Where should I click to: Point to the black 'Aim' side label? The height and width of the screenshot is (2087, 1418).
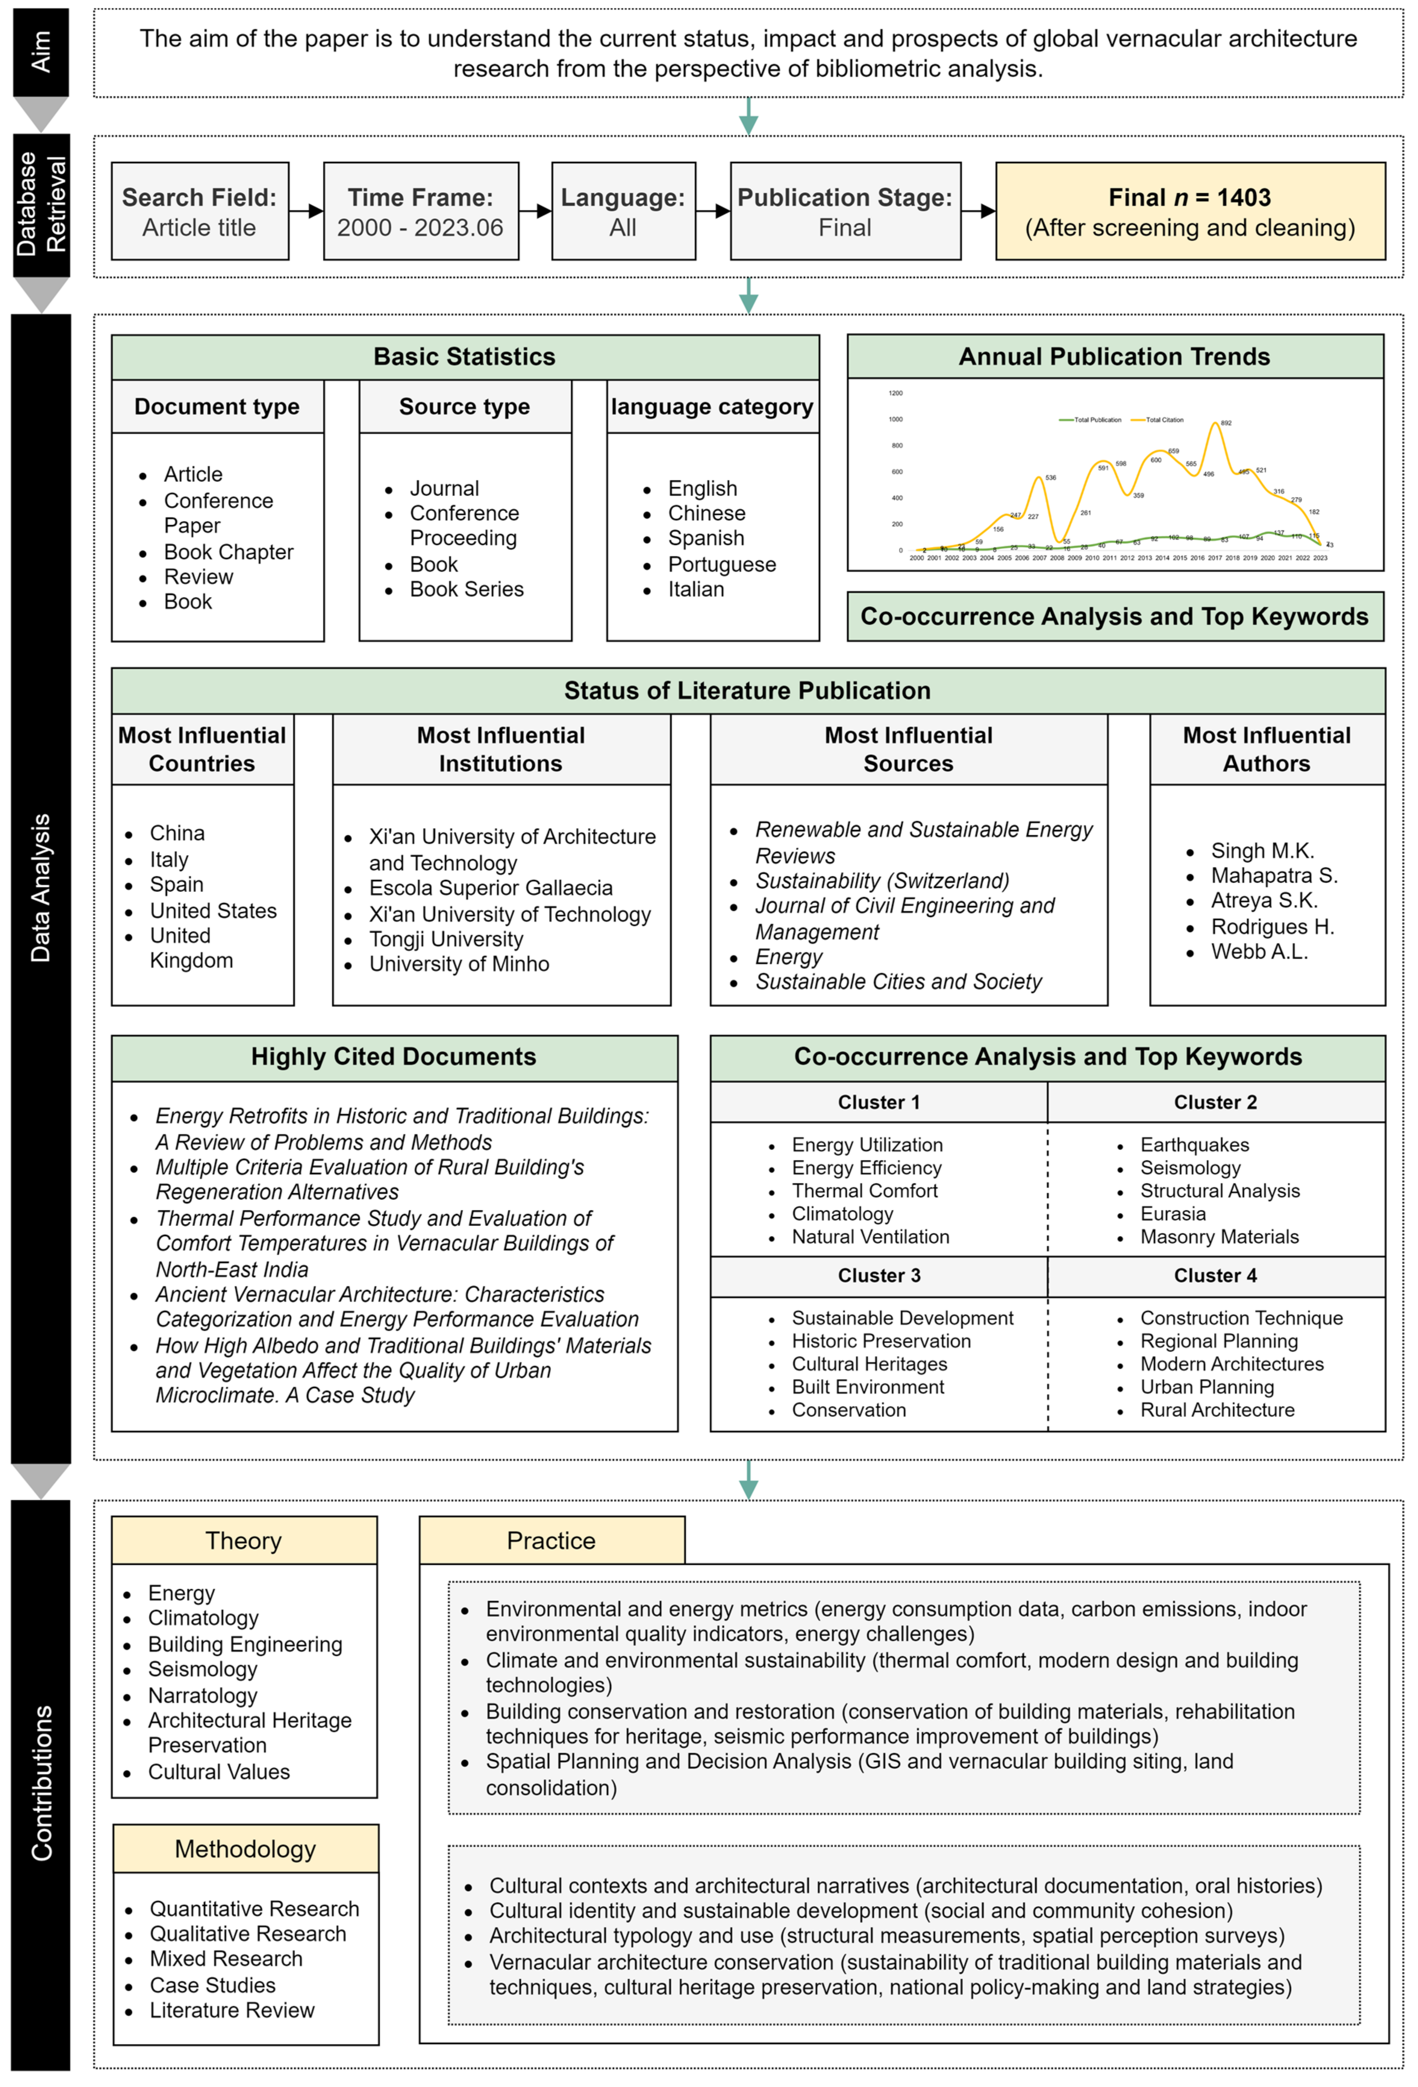pos(40,52)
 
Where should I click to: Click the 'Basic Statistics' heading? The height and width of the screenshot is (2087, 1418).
pos(464,356)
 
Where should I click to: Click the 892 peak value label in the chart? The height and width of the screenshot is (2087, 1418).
pos(1226,422)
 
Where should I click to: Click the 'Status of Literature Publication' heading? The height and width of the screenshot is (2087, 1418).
pos(747,690)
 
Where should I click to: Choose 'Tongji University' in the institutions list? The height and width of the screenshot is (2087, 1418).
pos(446,939)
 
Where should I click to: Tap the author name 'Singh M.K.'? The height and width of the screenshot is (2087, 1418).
pos(1262,851)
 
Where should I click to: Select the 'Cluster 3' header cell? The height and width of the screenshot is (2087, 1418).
pos(878,1275)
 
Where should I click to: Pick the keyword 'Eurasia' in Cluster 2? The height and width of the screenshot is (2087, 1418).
pos(1173,1214)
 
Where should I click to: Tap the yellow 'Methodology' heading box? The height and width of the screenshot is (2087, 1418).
pos(245,1849)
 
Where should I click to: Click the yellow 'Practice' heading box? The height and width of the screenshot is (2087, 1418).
pos(552,1541)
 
